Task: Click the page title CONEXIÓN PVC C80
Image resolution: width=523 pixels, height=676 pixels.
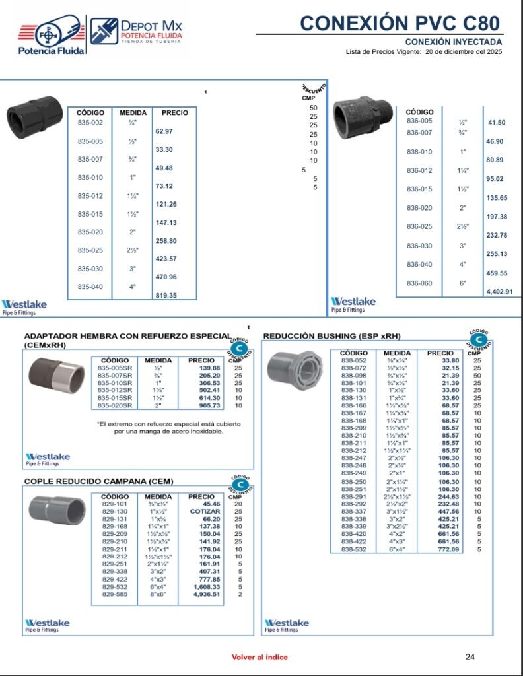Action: pyautogui.click(x=400, y=23)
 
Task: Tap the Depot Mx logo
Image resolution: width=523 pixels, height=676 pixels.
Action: pyautogui.click(x=137, y=32)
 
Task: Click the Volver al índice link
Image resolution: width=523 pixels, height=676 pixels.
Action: pyautogui.click(x=260, y=658)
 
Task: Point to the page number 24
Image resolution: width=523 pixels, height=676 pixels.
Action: pyautogui.click(x=470, y=657)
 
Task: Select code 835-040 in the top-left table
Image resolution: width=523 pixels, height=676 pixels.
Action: pyautogui.click(x=90, y=287)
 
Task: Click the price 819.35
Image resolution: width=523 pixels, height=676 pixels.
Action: pyautogui.click(x=166, y=296)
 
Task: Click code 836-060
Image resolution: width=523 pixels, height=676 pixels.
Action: pyautogui.click(x=419, y=283)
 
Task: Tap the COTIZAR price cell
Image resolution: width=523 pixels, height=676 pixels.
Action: pyautogui.click(x=205, y=512)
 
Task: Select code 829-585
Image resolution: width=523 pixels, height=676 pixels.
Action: pyautogui.click(x=115, y=595)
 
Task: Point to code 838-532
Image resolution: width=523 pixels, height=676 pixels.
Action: pyautogui.click(x=354, y=549)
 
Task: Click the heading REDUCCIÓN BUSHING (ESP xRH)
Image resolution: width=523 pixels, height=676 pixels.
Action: pyautogui.click(x=331, y=336)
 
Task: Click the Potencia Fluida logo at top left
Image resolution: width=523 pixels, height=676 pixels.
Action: pyautogui.click(x=51, y=36)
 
